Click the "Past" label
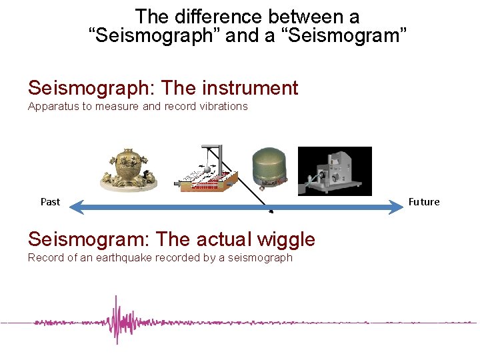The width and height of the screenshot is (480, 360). pos(50,201)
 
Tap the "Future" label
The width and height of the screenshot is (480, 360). pos(424,201)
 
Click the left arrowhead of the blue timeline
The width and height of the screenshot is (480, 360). pos(75,209)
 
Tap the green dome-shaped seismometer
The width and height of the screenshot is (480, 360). pos(269,167)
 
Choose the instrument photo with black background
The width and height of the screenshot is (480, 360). pos(334,171)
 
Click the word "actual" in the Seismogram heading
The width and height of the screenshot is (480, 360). pos(206,239)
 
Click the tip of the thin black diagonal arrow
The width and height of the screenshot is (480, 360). pos(273,213)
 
